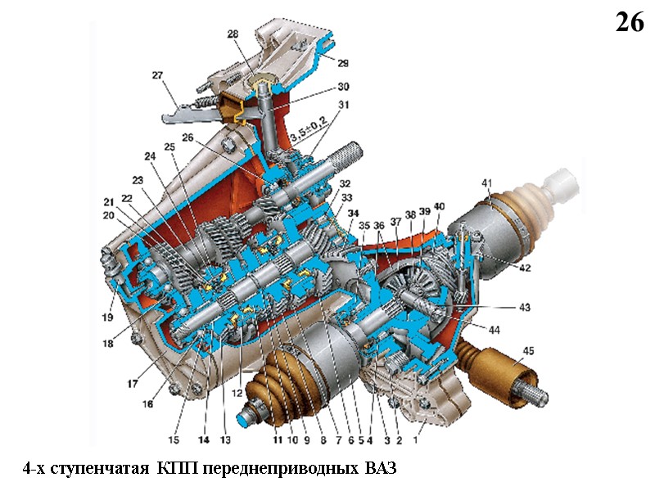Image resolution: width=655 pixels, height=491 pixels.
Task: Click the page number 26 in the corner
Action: point(630,23)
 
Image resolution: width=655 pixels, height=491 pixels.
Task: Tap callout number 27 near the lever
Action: point(157,75)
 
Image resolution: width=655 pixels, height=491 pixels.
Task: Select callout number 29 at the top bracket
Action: point(343,63)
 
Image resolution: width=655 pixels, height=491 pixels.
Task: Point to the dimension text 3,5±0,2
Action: point(309,128)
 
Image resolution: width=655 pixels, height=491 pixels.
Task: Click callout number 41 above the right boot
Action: point(486,183)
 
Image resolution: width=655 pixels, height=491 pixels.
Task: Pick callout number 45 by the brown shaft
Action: point(528,351)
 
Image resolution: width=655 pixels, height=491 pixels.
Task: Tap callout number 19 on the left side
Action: point(107,318)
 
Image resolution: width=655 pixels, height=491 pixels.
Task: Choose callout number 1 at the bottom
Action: point(415,439)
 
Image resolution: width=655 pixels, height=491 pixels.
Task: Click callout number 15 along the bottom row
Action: point(174,439)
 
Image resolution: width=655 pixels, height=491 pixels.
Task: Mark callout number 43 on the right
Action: point(524,308)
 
